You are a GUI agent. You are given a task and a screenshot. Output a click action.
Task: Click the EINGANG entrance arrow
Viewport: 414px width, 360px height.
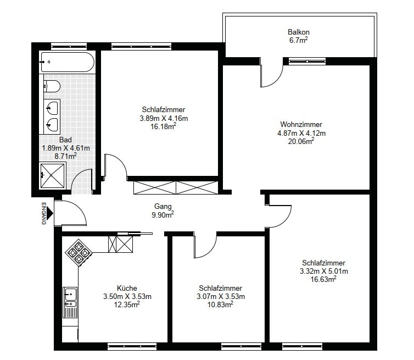[51, 213]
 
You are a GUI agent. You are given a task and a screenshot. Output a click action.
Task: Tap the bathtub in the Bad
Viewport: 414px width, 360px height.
[68, 62]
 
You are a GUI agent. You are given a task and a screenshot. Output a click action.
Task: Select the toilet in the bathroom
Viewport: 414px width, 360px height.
[52, 86]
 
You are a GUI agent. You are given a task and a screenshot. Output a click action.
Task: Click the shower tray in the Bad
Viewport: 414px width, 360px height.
[52, 175]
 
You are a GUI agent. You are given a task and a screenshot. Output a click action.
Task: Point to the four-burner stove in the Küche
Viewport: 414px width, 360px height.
[79, 253]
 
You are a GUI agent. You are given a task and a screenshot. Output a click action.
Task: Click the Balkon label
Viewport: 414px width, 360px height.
[299, 32]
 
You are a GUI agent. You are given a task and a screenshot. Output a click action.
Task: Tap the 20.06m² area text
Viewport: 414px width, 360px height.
[301, 141]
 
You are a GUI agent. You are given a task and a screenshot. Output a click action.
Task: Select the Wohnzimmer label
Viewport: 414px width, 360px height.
[301, 124]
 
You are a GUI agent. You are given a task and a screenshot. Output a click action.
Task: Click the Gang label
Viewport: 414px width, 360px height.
[163, 206]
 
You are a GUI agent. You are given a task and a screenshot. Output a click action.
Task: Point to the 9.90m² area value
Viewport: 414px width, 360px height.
[163, 214]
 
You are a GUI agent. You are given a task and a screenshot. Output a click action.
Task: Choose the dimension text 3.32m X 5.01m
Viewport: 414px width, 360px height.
[324, 271]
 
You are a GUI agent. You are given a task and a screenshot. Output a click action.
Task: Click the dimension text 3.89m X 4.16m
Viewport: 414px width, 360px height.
[164, 118]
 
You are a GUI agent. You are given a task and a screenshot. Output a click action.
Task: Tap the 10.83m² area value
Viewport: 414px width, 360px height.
[220, 304]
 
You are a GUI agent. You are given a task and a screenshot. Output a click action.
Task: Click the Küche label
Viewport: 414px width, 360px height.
[127, 288]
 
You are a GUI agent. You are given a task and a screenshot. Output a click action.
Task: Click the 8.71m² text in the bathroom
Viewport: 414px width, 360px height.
[65, 156]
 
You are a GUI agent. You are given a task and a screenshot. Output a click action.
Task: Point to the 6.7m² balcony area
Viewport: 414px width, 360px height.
[299, 41]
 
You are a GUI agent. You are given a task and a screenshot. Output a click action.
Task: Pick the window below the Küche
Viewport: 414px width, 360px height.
[132, 346]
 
